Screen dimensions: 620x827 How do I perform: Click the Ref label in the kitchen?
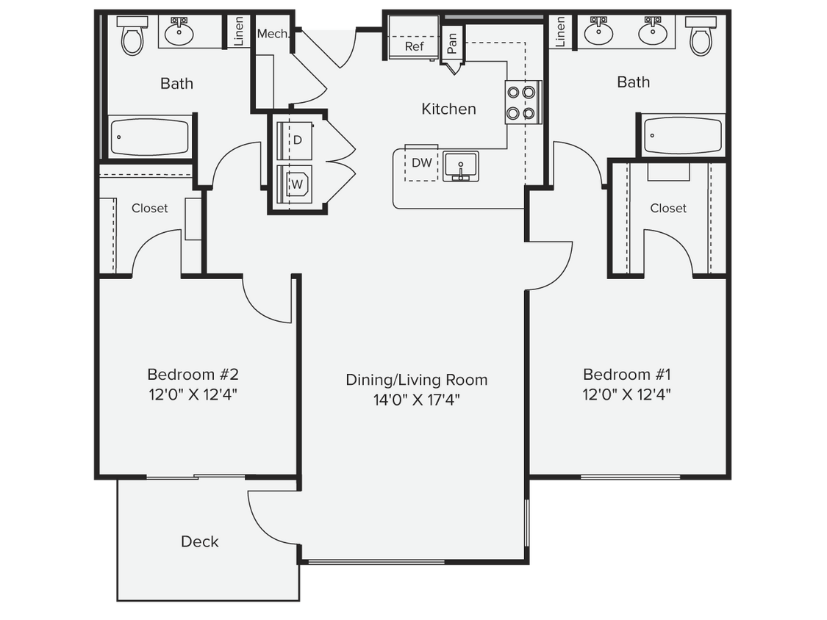pos(415,46)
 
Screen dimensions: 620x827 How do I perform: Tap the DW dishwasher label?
pos(422,163)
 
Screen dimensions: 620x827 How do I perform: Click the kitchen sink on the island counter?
pos(461,166)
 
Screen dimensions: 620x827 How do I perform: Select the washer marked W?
pos(297,184)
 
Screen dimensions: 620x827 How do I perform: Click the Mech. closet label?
pos(271,34)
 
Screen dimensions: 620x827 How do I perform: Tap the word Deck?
pos(200,541)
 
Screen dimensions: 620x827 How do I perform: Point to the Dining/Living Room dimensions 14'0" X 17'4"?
pos(417,400)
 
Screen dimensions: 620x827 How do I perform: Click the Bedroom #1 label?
pos(626,375)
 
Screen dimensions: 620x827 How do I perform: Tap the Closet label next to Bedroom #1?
pos(668,209)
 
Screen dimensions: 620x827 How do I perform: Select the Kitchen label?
pos(448,109)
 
